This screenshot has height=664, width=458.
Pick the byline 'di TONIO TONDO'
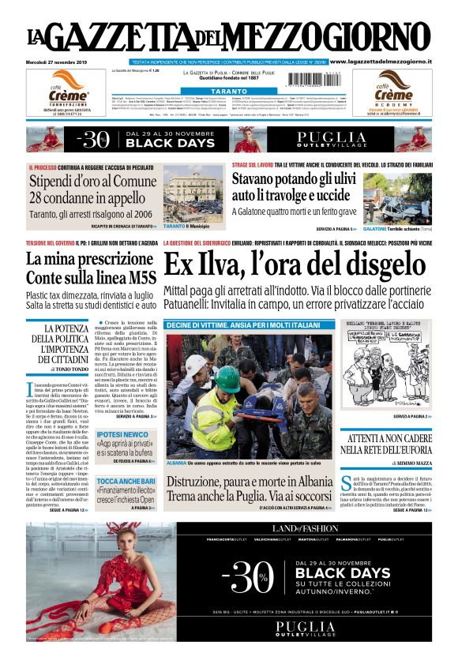pyautogui.click(x=71, y=369)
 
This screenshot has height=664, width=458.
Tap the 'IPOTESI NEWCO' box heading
pyautogui.click(x=122, y=434)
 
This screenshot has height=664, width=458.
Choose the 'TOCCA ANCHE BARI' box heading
pyautogui.click(x=126, y=481)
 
